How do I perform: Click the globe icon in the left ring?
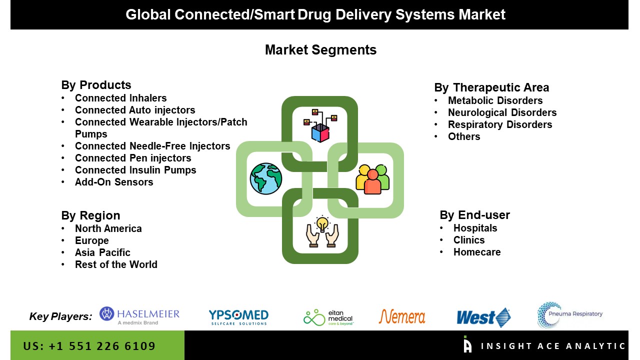266,178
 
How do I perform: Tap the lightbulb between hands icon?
322,231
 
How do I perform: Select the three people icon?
372,178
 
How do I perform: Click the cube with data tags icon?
320,125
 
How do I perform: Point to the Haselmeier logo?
139,315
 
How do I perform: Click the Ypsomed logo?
238,317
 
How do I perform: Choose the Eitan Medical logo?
328,317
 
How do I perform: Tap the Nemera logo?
402,316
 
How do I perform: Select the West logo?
483,317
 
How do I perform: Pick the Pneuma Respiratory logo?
570,314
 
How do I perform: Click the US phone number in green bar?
89,346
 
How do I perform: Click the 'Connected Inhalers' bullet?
120,98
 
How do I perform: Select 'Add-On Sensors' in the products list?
114,182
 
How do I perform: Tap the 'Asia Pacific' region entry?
102,252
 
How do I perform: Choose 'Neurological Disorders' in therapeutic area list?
502,112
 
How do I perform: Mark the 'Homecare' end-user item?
477,252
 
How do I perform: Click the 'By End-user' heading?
474,215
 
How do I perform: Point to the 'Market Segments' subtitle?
320,50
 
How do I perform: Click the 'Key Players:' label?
60,316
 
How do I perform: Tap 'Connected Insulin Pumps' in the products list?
135,170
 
